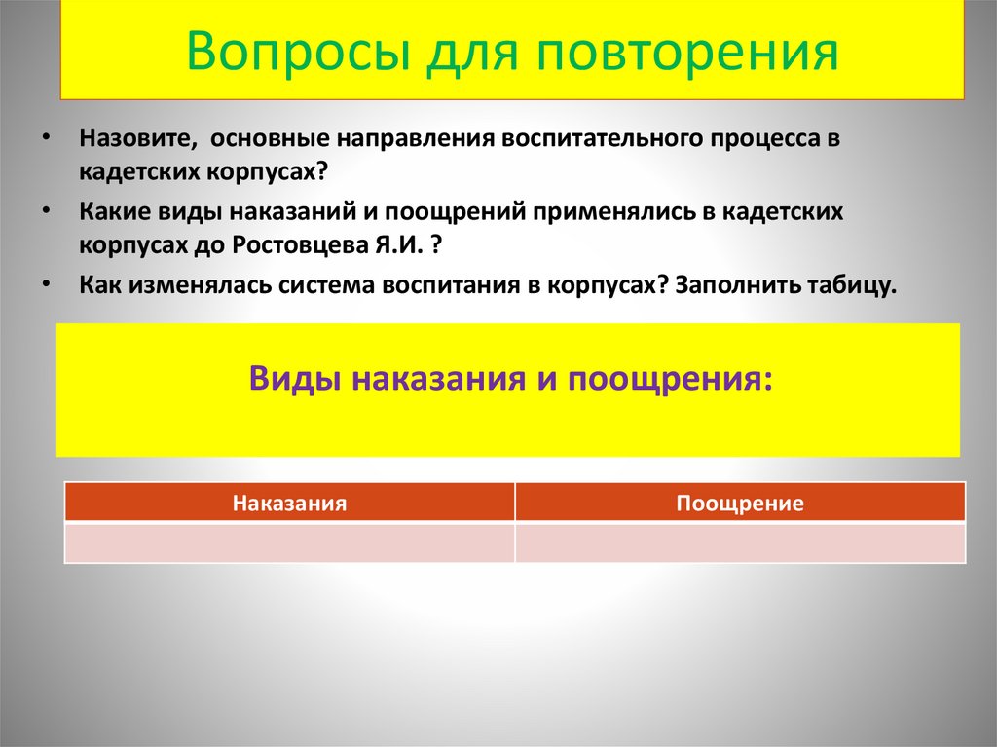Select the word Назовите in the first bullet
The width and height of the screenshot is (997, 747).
tap(133, 138)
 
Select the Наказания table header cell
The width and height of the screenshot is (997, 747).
tap(289, 503)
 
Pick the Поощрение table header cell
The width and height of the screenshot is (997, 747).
tap(740, 503)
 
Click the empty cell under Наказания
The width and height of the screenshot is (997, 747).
tap(289, 542)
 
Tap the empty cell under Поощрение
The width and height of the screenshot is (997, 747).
tap(740, 542)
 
